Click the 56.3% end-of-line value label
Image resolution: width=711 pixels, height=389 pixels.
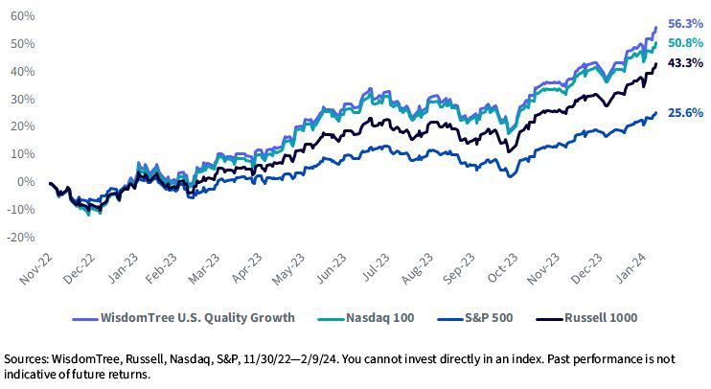tap(685, 24)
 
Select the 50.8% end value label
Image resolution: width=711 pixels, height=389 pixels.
tap(685, 43)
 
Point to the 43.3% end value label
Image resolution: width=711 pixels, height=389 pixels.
tap(685, 63)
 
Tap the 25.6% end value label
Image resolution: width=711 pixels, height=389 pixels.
tap(685, 113)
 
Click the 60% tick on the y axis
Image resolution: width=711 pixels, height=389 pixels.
tap(23, 16)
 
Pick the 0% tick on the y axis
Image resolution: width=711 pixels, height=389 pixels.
tap(26, 182)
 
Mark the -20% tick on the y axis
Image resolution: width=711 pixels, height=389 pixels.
tap(21, 237)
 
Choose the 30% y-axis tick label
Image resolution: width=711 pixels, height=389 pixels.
tap(23, 100)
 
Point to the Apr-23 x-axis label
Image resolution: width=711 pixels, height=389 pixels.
tap(247, 268)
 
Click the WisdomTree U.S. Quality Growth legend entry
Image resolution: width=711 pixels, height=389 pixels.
tap(184, 318)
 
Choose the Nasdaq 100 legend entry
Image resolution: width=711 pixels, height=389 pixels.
tap(365, 318)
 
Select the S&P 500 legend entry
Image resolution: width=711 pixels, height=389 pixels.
tap(475, 318)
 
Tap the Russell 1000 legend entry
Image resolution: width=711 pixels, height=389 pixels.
tap(586, 318)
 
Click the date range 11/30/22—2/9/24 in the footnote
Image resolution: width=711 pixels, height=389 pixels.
tap(290, 359)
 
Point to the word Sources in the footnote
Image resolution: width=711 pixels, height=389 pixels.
tap(25, 359)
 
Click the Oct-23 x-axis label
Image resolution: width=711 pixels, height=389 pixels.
tap(502, 268)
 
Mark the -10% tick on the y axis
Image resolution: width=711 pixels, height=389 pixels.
tap(21, 210)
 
